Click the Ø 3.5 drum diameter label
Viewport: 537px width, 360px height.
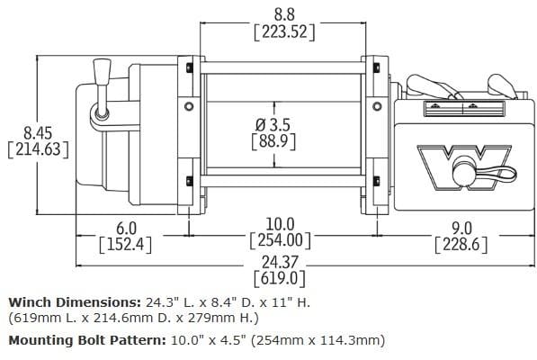pos(275,122)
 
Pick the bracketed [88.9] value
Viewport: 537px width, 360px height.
pos(275,141)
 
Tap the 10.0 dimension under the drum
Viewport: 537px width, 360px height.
pos(279,223)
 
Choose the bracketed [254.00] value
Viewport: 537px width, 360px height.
pos(279,241)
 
